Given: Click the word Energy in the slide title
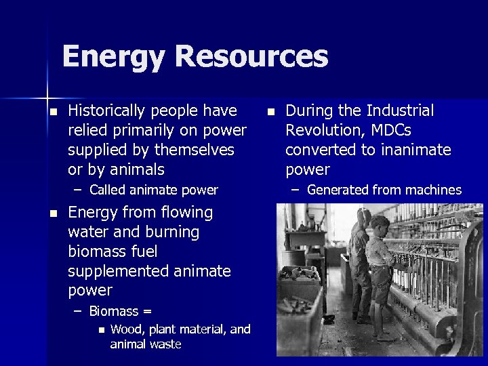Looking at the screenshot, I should click(113, 57).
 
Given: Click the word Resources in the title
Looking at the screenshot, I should click(251, 57).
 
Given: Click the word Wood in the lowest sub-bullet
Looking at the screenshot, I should click(127, 329).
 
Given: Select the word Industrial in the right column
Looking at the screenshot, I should click(401, 110).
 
